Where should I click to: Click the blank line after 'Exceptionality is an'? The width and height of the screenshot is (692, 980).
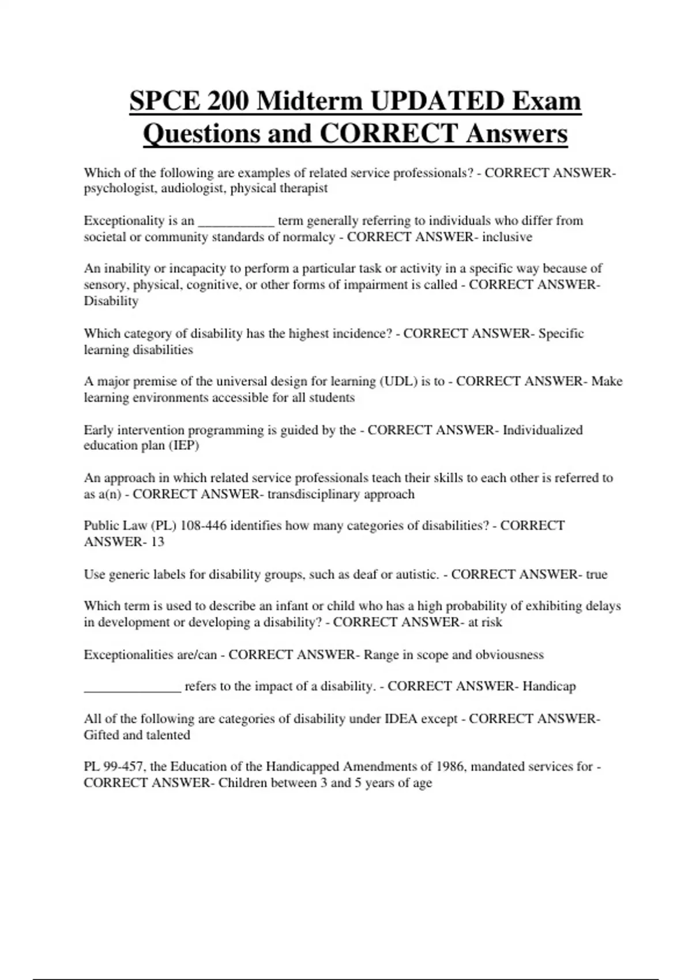coord(236,221)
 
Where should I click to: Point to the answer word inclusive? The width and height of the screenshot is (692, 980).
coord(507,237)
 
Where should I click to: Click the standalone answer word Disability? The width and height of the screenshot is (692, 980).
coord(111,301)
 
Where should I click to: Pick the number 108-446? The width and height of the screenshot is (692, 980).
coord(204,525)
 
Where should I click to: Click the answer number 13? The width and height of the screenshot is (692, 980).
coord(157,542)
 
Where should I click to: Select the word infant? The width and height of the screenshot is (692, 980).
coord(292,606)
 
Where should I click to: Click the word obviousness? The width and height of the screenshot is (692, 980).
coord(510,655)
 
